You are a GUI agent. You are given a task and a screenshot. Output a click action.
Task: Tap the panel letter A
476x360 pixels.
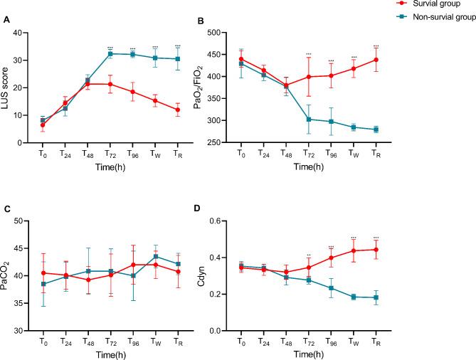(6, 21)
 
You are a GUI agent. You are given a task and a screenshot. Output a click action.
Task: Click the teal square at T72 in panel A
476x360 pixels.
(109, 53)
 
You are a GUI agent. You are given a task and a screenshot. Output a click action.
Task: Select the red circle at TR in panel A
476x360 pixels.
(198, 110)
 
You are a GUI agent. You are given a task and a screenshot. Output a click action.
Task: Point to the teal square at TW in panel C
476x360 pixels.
(176, 257)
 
